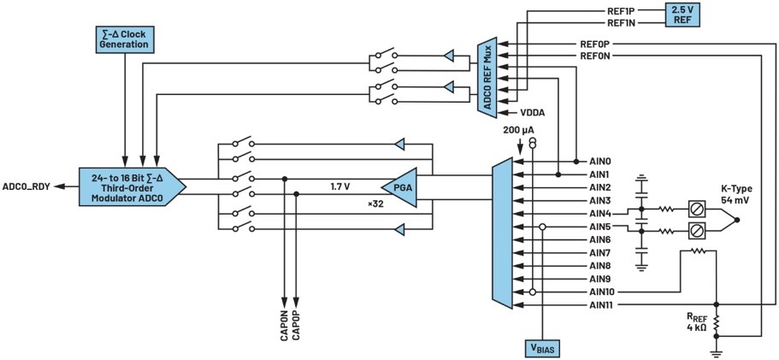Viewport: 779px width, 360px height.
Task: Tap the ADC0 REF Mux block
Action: pos(487,78)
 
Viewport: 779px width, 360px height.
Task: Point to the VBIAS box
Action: pos(544,348)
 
